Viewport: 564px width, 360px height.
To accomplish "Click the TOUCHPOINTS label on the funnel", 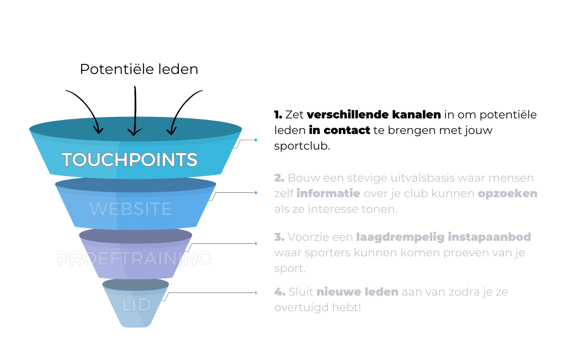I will coord(129,160).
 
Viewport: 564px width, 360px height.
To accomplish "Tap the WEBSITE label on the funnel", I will coord(131,209).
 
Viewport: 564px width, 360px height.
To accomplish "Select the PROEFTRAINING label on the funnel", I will coord(134,258).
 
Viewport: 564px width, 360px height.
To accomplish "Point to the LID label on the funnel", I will coord(136,305).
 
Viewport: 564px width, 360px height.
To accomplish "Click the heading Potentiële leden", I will coord(139,69).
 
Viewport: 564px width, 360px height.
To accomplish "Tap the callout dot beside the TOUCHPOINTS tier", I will coord(256,140).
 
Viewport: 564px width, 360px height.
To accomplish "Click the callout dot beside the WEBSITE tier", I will coord(256,193).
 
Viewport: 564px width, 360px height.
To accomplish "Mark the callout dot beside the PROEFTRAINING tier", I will coord(256,243).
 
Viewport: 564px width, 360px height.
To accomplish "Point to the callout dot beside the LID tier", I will coord(256,293).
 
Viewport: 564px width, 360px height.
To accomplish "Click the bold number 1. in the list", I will coord(278,115).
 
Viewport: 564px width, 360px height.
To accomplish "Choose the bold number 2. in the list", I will coord(279,178).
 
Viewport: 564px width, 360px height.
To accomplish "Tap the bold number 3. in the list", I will coord(279,237).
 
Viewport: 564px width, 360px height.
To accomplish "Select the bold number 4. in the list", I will coord(280,292).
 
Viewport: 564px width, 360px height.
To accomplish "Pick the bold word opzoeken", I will coord(508,194).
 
